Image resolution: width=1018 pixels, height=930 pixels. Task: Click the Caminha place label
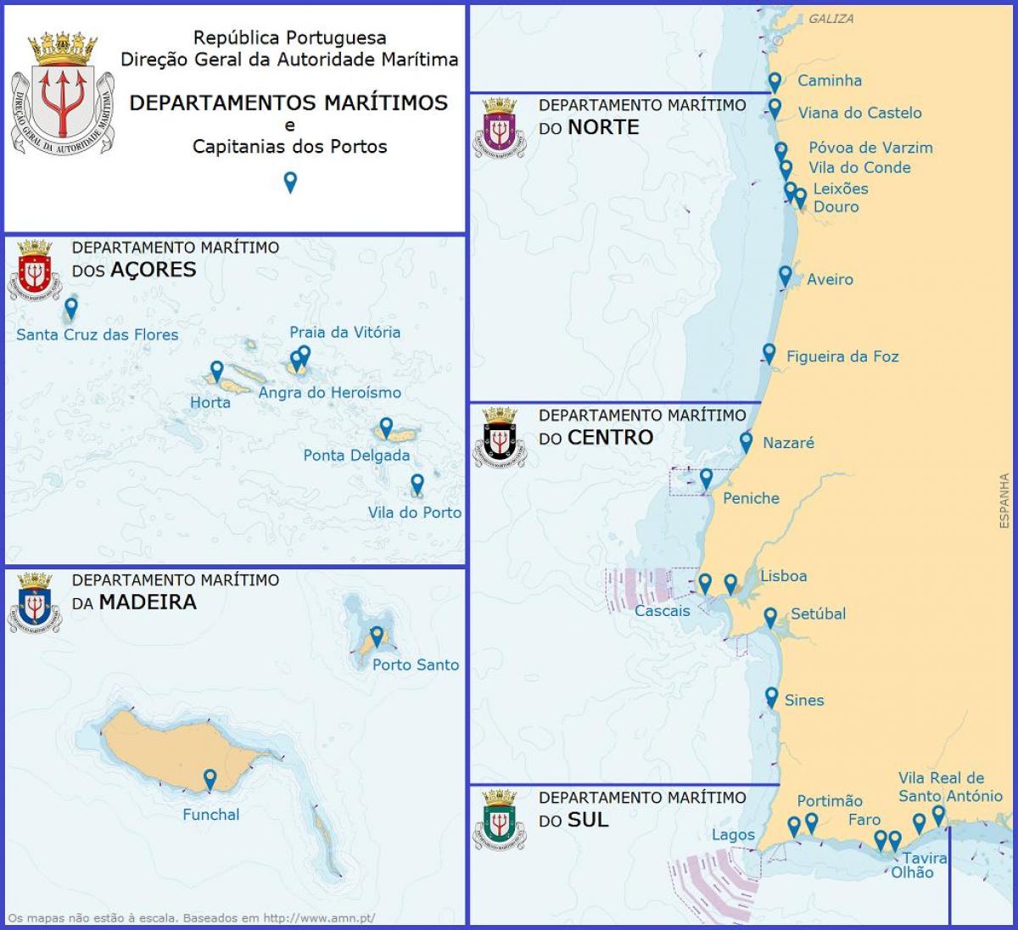click(x=829, y=81)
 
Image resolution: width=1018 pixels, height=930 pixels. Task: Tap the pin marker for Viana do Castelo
click(x=775, y=109)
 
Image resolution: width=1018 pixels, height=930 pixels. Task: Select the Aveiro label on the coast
click(x=830, y=279)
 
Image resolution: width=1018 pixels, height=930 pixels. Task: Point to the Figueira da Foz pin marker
click(x=769, y=353)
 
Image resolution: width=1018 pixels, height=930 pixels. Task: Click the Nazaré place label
click(x=788, y=442)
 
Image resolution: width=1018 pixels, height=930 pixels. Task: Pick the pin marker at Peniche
click(x=706, y=479)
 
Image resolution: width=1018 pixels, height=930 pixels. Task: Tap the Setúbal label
click(x=818, y=613)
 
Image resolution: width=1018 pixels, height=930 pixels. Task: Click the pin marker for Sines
click(x=771, y=697)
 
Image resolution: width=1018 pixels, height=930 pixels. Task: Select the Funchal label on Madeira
click(x=211, y=815)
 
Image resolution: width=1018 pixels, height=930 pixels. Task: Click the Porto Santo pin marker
click(x=377, y=636)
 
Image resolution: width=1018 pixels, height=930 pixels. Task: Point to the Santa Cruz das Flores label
click(x=98, y=334)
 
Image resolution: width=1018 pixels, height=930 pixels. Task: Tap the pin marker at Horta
click(x=217, y=371)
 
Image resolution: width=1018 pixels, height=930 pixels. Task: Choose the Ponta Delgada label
click(x=356, y=455)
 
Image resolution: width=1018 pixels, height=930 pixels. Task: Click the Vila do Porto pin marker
click(x=417, y=485)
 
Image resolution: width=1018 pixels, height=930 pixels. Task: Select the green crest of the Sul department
click(x=500, y=820)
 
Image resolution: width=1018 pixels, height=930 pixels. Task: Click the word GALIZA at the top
click(x=831, y=19)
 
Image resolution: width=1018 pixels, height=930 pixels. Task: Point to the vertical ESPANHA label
click(x=1004, y=501)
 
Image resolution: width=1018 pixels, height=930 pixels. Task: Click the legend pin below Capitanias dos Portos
click(x=290, y=182)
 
